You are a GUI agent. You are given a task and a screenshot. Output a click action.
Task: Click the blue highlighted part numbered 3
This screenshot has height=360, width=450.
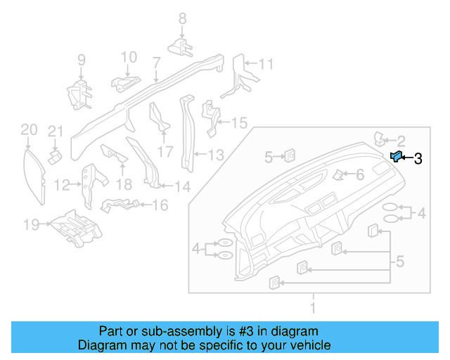(396, 157)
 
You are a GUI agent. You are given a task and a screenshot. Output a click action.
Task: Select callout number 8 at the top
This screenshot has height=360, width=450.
(181, 18)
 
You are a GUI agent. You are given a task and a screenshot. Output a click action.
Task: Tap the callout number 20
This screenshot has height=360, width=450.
(28, 129)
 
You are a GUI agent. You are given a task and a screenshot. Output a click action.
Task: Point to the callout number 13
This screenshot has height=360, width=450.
(215, 154)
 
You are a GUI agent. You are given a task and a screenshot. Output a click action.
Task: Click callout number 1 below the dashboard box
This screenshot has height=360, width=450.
(313, 307)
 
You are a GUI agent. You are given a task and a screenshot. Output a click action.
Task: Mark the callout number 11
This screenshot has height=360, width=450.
(265, 65)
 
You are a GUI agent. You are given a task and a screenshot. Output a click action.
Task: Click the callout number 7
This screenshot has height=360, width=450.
(156, 62)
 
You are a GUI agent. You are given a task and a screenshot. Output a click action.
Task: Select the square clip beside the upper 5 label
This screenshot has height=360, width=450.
(289, 156)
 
